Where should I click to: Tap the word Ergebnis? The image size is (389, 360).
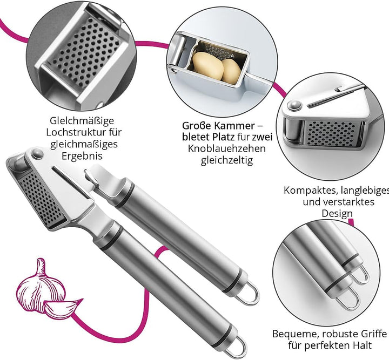pyautogui.click(x=82, y=157)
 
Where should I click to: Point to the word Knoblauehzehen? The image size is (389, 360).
pyautogui.click(x=227, y=148)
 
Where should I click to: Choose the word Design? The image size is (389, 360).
pyautogui.click(x=337, y=213)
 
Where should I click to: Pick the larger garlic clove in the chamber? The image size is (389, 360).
pyautogui.click(x=209, y=66)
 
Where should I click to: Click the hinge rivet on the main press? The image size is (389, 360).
pyautogui.click(x=37, y=153)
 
